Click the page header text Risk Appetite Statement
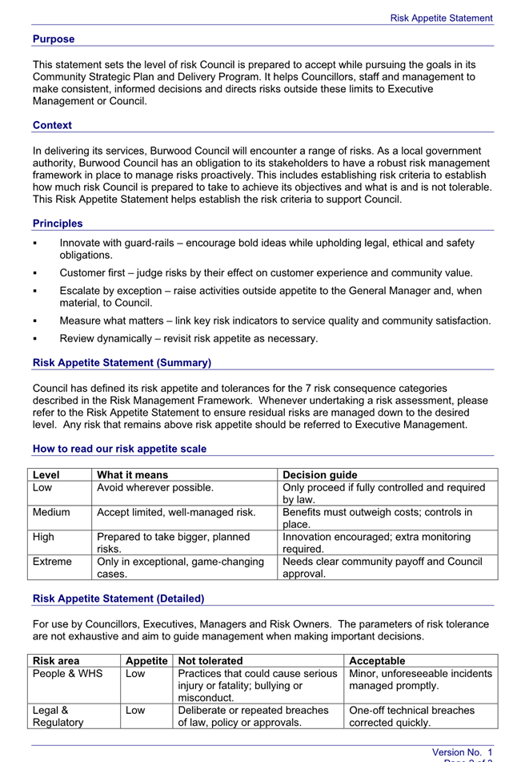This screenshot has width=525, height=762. pyautogui.click(x=441, y=18)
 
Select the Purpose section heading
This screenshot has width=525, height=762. pyautogui.click(x=54, y=39)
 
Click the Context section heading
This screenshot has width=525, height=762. pyautogui.click(x=52, y=125)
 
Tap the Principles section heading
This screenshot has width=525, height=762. pyautogui.click(x=58, y=224)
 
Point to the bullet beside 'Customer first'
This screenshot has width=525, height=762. pyautogui.click(x=35, y=273)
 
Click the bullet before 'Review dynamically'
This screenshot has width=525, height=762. pyautogui.click(x=35, y=339)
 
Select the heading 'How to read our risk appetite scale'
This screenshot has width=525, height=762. pyautogui.click(x=119, y=449)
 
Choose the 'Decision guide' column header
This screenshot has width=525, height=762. pyautogui.click(x=320, y=475)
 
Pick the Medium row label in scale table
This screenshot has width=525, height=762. pyautogui.click(x=51, y=512)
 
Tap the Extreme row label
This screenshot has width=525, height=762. pyautogui.click(x=52, y=562)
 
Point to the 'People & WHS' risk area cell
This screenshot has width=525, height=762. pyautogui.click(x=67, y=674)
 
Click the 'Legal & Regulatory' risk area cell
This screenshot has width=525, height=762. pyautogui.click(x=58, y=716)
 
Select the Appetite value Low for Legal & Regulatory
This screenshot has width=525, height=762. pyautogui.click(x=135, y=711)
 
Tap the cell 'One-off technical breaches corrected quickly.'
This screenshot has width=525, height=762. pyautogui.click(x=411, y=716)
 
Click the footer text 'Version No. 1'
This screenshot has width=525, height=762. pyautogui.click(x=463, y=752)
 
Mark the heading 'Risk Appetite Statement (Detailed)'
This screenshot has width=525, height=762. pyautogui.click(x=118, y=599)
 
